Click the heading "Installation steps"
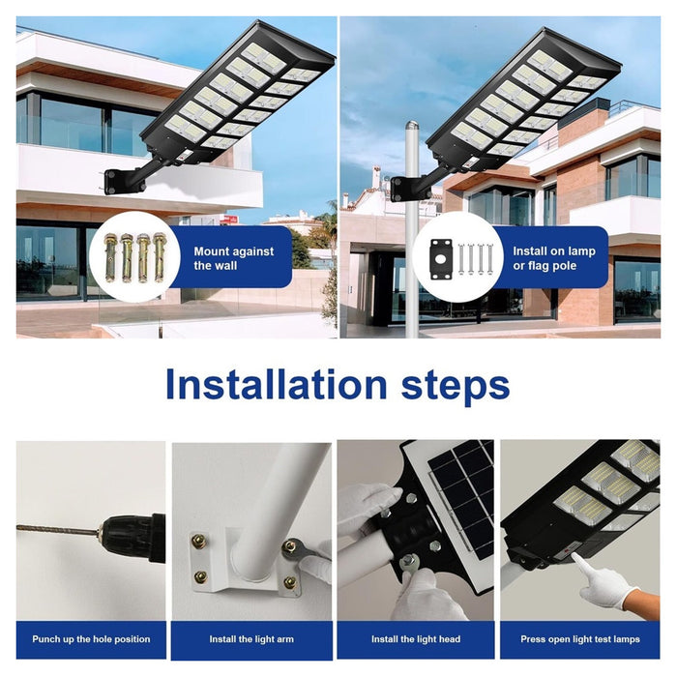(338, 384)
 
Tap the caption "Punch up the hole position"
(91, 639)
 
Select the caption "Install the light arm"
(251, 639)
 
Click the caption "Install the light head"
(416, 639)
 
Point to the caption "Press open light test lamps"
(580, 639)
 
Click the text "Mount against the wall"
(234, 258)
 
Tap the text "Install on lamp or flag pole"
(554, 258)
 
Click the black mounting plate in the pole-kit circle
(441, 259)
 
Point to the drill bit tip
(18, 528)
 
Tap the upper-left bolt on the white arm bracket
(198, 541)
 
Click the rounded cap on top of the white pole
(412, 126)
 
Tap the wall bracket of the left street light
(113, 182)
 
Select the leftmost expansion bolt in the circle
(111, 257)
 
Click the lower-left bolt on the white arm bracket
(200, 576)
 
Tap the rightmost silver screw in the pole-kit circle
(489, 259)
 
